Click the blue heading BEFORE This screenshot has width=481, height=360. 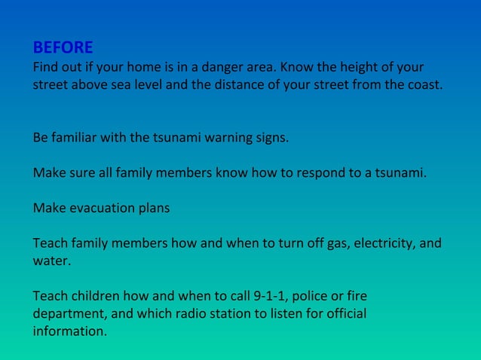coord(63,48)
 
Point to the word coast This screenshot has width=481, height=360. coord(424,84)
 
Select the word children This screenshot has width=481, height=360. coord(93,295)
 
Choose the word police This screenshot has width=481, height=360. coord(290,295)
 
